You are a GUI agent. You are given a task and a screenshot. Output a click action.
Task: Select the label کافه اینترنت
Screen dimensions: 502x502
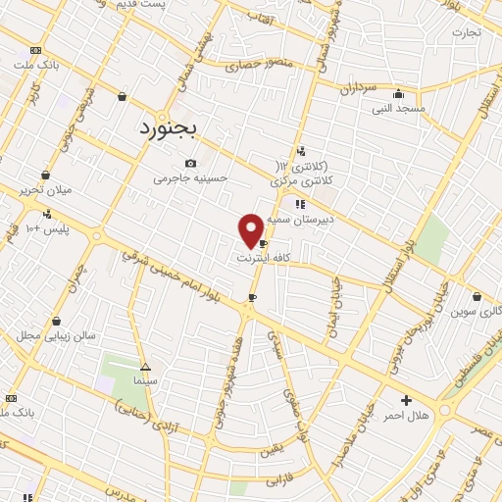pos(265,258)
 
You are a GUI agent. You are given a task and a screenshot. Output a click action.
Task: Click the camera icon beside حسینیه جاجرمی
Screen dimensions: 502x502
pos(190,164)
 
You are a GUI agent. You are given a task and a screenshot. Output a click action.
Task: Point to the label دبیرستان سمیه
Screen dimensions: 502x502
pos(305,220)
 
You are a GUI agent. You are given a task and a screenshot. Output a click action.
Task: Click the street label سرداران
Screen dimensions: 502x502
pos(359,89)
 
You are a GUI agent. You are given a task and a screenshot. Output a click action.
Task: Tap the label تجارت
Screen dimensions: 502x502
pos(467,32)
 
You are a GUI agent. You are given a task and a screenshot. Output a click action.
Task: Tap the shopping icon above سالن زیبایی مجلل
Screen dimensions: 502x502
pos(57,321)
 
